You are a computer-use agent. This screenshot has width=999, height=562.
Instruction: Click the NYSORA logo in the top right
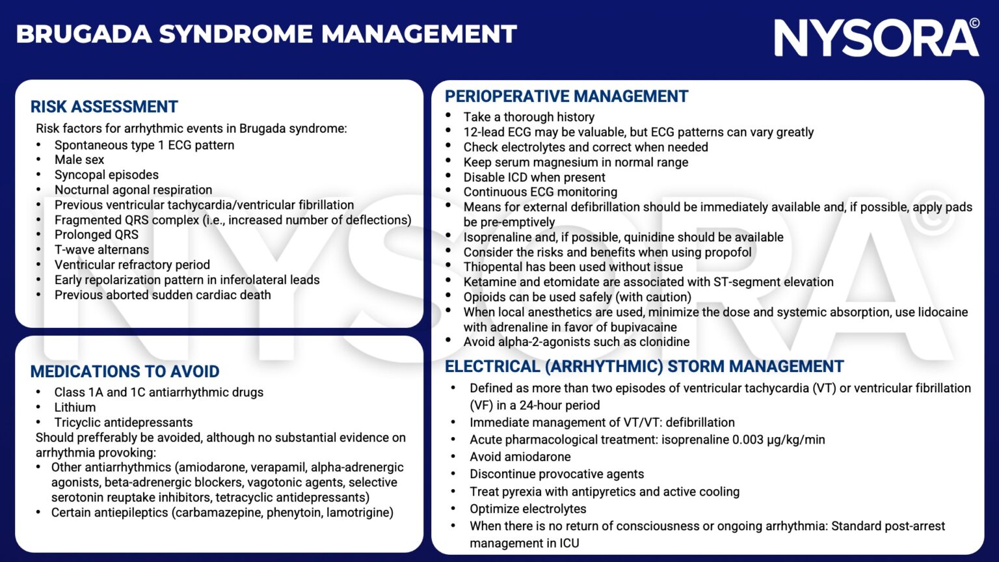(875, 37)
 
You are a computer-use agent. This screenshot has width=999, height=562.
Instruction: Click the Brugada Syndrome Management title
(266, 34)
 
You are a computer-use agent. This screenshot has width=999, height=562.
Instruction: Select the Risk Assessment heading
(104, 107)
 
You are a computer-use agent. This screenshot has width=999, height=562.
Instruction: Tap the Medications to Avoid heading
(125, 371)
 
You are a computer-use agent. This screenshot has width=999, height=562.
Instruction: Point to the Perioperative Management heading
(566, 96)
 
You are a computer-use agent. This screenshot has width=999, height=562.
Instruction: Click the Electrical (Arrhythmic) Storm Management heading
(644, 366)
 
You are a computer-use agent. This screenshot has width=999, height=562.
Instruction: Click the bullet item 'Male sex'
(79, 160)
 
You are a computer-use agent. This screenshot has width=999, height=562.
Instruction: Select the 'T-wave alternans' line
(101, 250)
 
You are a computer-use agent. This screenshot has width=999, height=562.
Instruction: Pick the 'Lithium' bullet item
(75, 407)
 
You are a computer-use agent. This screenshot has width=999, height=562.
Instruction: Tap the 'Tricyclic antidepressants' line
(124, 422)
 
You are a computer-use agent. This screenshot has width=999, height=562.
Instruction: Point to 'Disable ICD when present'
(534, 177)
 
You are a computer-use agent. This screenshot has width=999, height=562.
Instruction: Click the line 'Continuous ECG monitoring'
(540, 192)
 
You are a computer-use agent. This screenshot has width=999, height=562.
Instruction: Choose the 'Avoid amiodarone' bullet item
(520, 457)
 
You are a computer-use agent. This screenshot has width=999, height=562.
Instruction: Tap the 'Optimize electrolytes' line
(527, 509)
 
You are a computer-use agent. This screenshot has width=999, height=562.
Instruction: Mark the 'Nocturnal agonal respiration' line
(133, 190)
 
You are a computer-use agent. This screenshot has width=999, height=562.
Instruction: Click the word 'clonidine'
(663, 342)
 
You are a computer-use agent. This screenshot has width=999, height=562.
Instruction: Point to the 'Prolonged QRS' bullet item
(96, 235)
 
